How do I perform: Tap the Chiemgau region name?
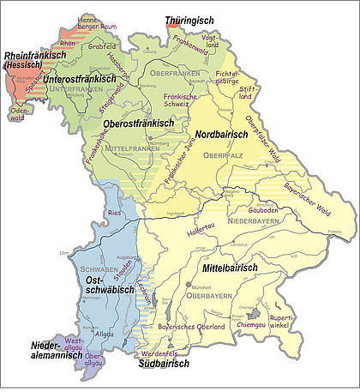tap(249, 326)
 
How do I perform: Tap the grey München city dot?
tap(188, 284)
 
